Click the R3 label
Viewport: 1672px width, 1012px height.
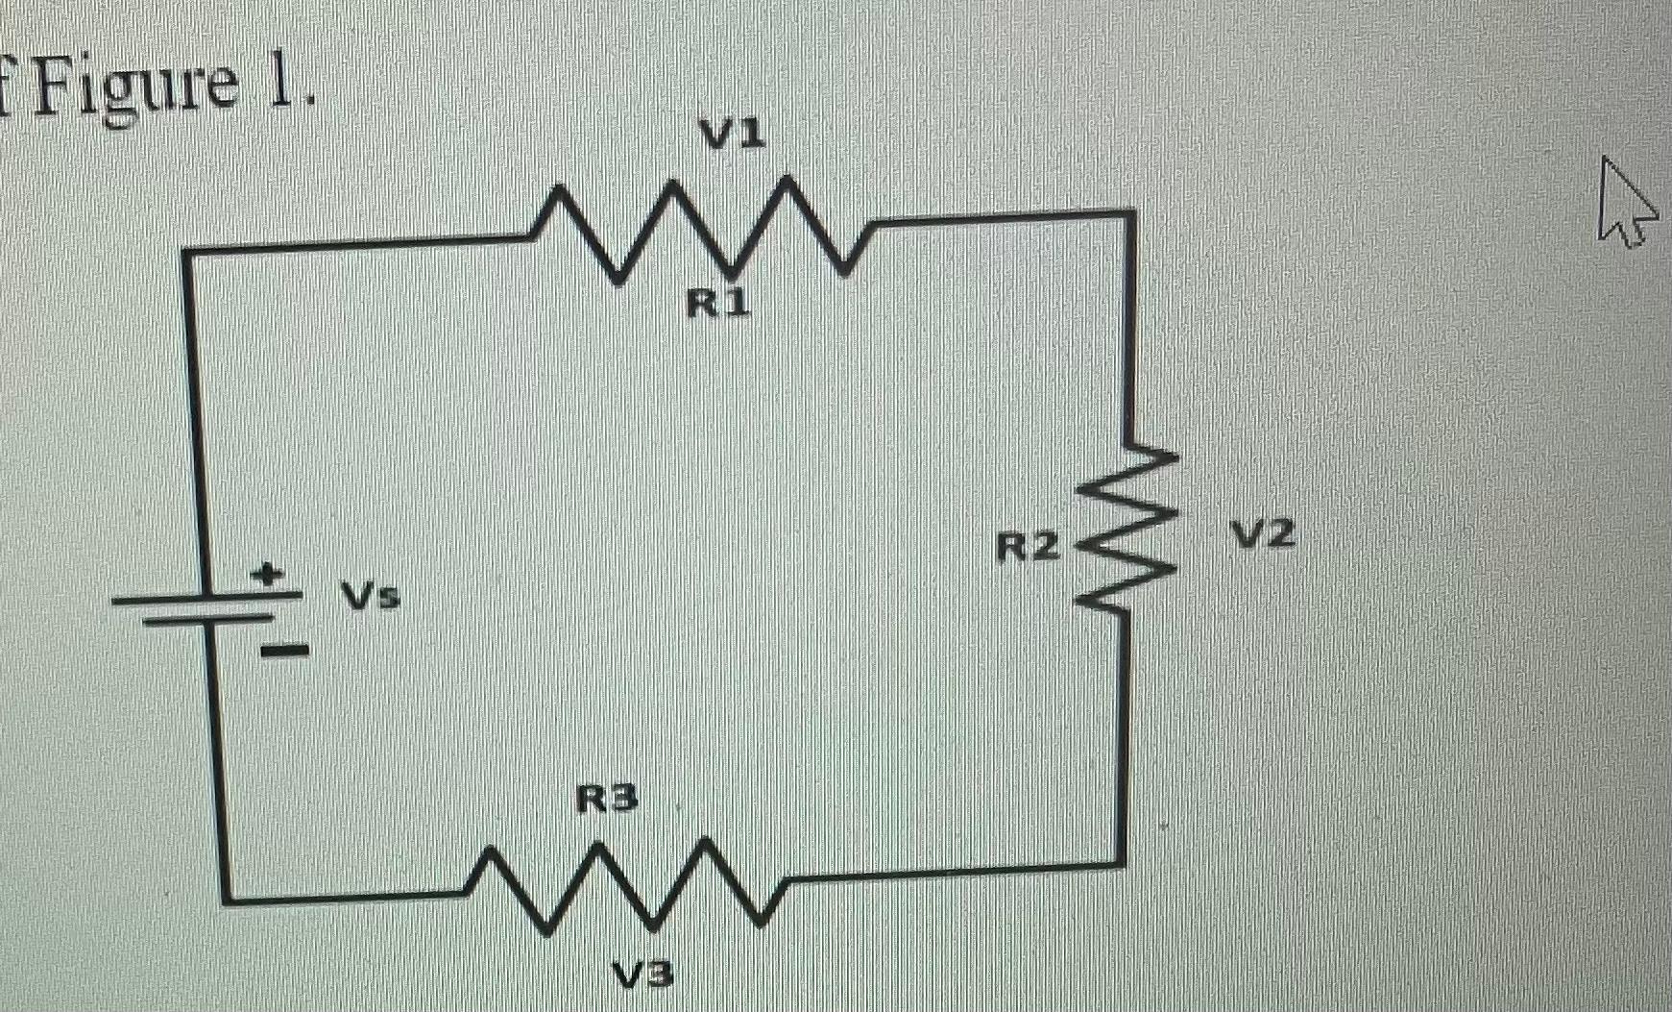click(x=606, y=799)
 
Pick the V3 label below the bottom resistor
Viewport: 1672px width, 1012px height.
click(x=643, y=975)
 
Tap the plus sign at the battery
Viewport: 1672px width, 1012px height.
click(x=268, y=575)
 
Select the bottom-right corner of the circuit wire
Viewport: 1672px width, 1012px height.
click(x=1121, y=862)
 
